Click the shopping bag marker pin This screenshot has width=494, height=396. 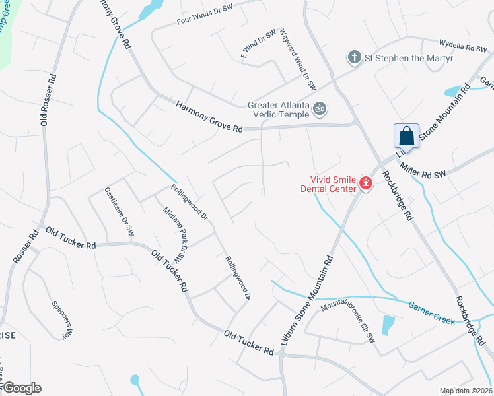[407, 136]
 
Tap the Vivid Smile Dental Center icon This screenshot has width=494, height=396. [365, 183]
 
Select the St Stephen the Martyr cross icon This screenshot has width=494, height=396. [355, 57]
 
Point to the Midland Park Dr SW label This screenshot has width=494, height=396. [176, 234]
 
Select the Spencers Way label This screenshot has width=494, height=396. [61, 319]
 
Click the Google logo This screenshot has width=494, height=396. [22, 388]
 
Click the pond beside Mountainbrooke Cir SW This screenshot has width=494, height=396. [388, 325]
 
